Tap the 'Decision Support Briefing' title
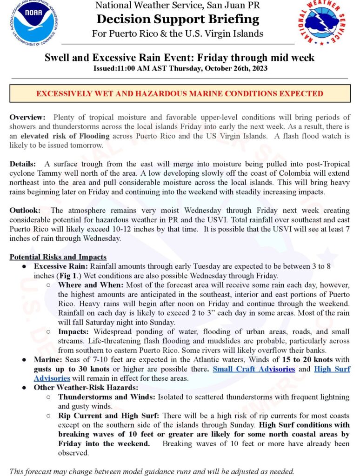[178, 20]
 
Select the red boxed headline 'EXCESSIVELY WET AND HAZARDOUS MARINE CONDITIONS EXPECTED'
[180, 93]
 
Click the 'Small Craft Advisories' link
[253, 369]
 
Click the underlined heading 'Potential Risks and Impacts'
[58, 257]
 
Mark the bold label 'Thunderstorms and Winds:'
[107, 397]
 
